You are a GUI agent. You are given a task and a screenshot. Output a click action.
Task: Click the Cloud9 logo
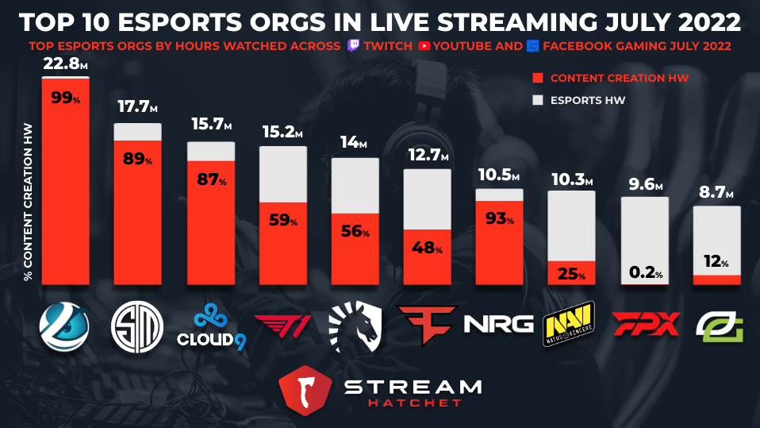210,326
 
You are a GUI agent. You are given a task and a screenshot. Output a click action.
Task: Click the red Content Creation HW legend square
537,79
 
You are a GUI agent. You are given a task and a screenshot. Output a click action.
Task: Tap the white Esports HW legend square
537,101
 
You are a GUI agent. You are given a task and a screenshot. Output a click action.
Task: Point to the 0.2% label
644,272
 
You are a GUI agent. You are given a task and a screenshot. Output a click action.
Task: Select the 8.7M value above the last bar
717,192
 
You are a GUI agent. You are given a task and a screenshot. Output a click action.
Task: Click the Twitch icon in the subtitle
355,46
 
